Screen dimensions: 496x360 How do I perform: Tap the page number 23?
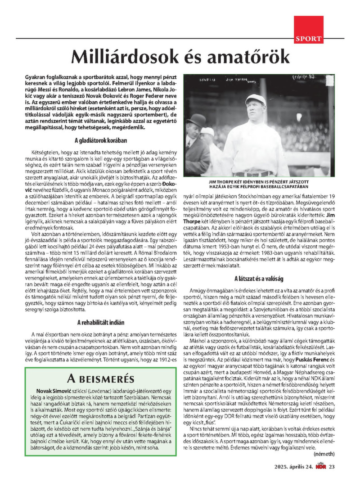(x=332, y=466)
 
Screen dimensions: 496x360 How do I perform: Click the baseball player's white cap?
(x=256, y=99)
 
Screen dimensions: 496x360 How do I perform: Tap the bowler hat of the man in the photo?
(x=197, y=120)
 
